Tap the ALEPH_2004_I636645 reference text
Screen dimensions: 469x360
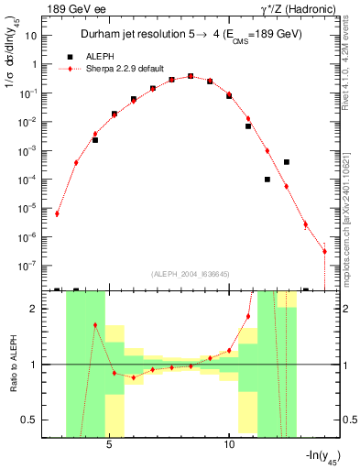189,274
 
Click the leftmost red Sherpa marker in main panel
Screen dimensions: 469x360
57,213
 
